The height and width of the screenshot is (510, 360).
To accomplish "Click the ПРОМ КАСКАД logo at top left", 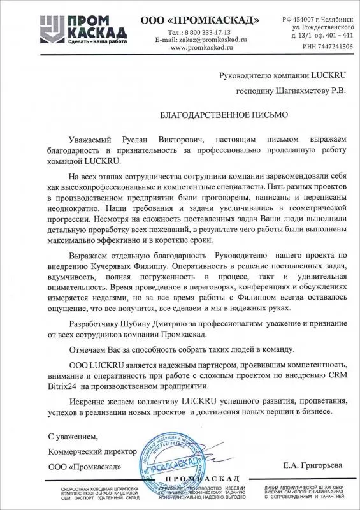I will click(x=41, y=25).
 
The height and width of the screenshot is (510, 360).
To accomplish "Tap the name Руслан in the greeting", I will click(x=133, y=139).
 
